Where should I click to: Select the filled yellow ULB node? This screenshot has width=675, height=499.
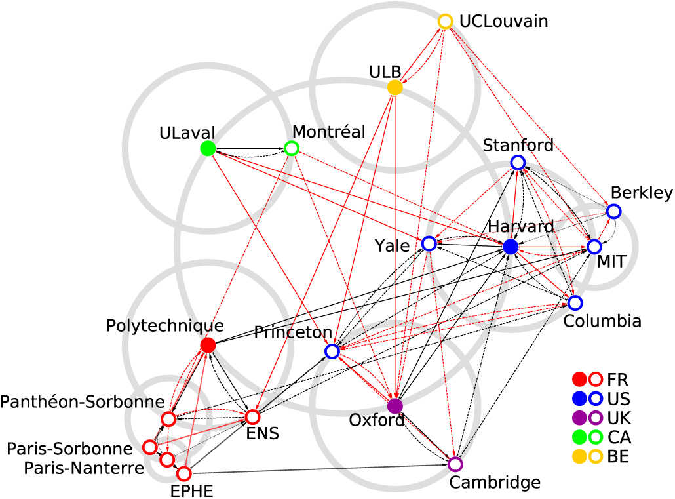click(x=395, y=88)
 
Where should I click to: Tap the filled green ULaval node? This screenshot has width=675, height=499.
click(x=208, y=149)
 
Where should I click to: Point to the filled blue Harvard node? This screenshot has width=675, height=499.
click(x=511, y=247)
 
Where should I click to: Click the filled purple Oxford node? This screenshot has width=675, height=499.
click(x=395, y=405)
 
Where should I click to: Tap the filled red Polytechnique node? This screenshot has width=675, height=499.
click(x=208, y=345)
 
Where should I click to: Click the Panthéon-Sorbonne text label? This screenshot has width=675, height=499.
click(x=82, y=401)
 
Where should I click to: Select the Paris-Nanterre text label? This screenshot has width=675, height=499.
click(x=84, y=468)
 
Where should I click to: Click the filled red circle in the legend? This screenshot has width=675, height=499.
click(x=579, y=380)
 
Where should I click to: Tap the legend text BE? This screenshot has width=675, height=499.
click(x=619, y=456)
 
